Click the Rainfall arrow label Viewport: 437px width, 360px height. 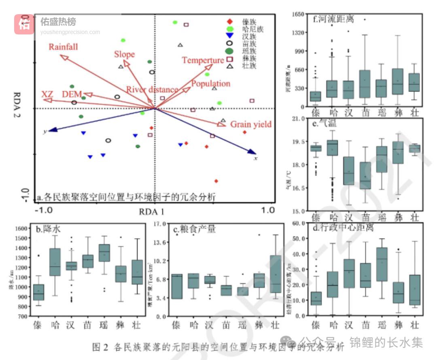(63, 47)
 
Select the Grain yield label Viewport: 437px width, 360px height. (251, 124)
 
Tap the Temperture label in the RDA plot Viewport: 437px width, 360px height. (202, 60)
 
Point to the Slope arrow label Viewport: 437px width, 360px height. (124, 54)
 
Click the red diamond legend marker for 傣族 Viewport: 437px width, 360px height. (230, 21)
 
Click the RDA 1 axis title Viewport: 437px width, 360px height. (152, 211)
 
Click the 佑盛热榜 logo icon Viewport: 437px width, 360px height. (25, 24)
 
